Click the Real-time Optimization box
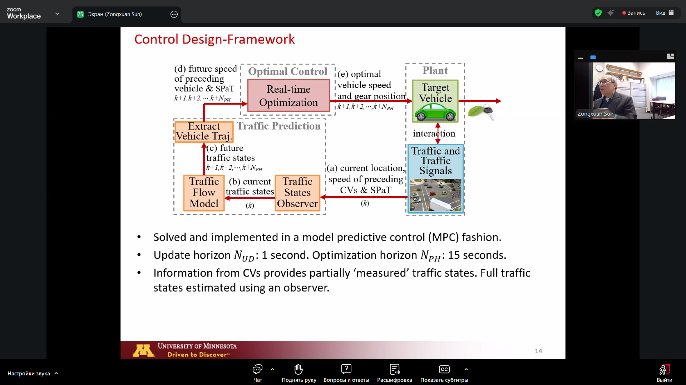pos(288,96)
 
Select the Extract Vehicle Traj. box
pos(204,132)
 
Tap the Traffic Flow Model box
pos(204,193)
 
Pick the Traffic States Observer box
pos(297,193)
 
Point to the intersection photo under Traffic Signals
pos(435,195)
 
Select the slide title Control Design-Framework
pos(214,39)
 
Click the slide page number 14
pos(538,351)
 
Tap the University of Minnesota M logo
pos(144,350)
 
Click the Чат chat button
pos(257,373)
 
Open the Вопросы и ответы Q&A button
pos(346,373)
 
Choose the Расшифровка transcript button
pos(394,373)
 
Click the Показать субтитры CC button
pos(444,373)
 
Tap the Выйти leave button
pos(664,373)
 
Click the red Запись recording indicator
pos(633,13)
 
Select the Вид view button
pos(665,13)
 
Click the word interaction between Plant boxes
pos(434,133)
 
